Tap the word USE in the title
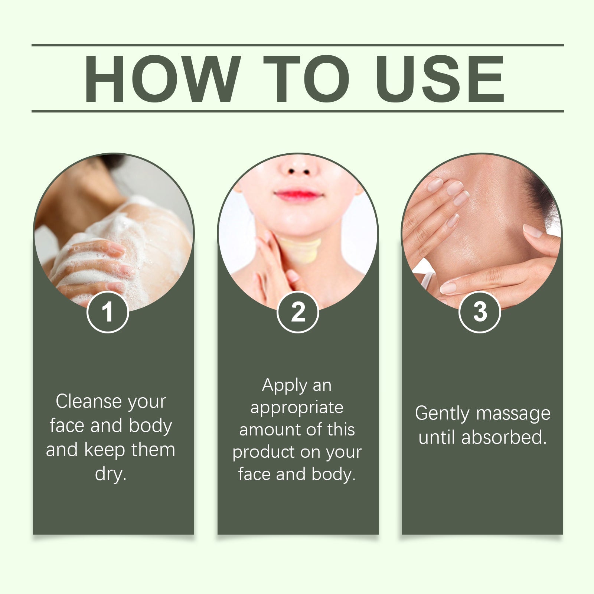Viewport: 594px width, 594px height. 440,79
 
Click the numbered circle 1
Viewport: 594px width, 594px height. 108,312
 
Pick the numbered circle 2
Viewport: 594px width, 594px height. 298,312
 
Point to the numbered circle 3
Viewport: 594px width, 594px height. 480,312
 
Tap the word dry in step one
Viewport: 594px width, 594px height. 111,474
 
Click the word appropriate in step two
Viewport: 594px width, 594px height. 297,408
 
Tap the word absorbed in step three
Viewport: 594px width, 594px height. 504,437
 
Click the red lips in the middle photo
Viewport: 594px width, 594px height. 298,195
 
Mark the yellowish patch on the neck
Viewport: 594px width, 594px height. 300,249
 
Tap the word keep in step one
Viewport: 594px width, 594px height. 105,450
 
